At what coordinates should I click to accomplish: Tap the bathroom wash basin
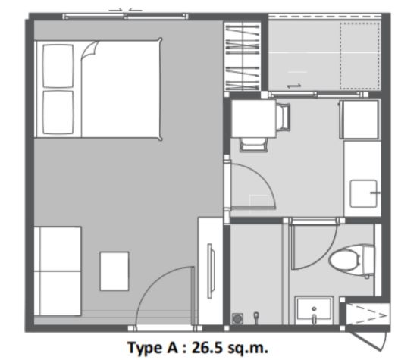pyautogui.click(x=315, y=311)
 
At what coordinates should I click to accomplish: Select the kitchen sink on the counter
pyautogui.click(x=363, y=193)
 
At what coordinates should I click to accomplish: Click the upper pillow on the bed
pyautogui.click(x=58, y=66)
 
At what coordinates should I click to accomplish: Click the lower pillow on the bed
pyautogui.click(x=58, y=112)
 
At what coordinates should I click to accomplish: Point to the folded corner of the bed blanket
pyautogui.click(x=89, y=50)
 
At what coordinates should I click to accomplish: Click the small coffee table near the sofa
pyautogui.click(x=114, y=271)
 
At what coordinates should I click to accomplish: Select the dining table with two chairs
pyautogui.click(x=253, y=118)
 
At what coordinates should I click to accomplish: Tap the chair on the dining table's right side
pyautogui.click(x=283, y=117)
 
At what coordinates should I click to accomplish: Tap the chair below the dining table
pyautogui.click(x=253, y=145)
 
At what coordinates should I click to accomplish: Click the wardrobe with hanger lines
pyautogui.click(x=243, y=56)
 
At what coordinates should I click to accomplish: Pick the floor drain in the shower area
pyautogui.click(x=237, y=318)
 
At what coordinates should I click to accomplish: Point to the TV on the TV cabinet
pyautogui.click(x=211, y=271)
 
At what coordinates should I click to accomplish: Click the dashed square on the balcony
pyautogui.click(x=360, y=56)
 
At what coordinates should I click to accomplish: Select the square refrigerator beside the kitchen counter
pyautogui.click(x=359, y=120)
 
